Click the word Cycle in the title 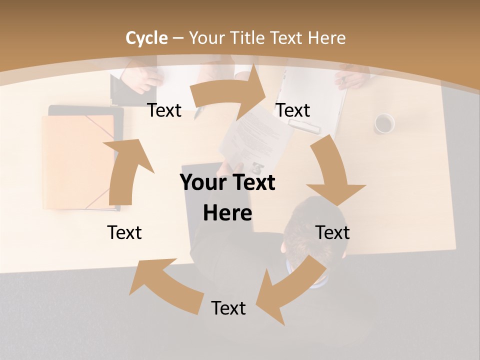tap(146, 38)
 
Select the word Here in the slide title tap(326, 38)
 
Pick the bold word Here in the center tap(227, 213)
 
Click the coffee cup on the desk tap(384, 123)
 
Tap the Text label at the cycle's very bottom tap(228, 308)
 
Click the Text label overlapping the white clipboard tap(293, 110)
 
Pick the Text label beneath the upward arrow tap(124, 232)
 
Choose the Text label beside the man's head tap(332, 232)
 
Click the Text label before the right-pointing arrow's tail tap(164, 110)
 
